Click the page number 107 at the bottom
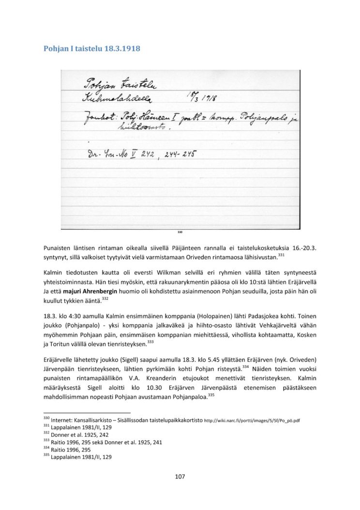(180, 477)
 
